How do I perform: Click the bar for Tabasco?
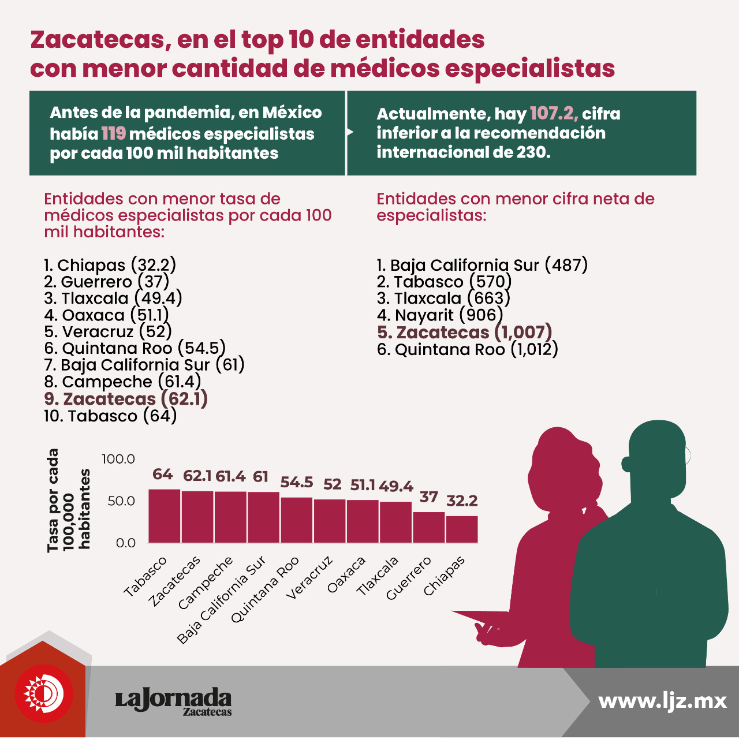(164, 516)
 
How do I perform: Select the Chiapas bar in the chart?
(462, 529)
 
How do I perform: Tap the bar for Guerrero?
(429, 527)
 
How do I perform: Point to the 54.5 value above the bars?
(296, 482)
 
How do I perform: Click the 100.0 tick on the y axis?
(118, 458)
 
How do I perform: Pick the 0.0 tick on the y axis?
(126, 543)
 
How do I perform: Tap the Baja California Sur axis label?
(221, 600)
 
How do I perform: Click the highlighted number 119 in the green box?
(114, 134)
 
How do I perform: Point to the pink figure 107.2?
(554, 114)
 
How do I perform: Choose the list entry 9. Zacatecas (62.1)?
(126, 399)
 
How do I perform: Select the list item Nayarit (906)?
(439, 315)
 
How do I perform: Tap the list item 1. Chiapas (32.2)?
(110, 265)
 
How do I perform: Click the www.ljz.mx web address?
(662, 701)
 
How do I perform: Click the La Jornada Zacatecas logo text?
(173, 701)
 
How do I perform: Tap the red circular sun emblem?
(44, 694)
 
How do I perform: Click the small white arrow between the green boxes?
(350, 132)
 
